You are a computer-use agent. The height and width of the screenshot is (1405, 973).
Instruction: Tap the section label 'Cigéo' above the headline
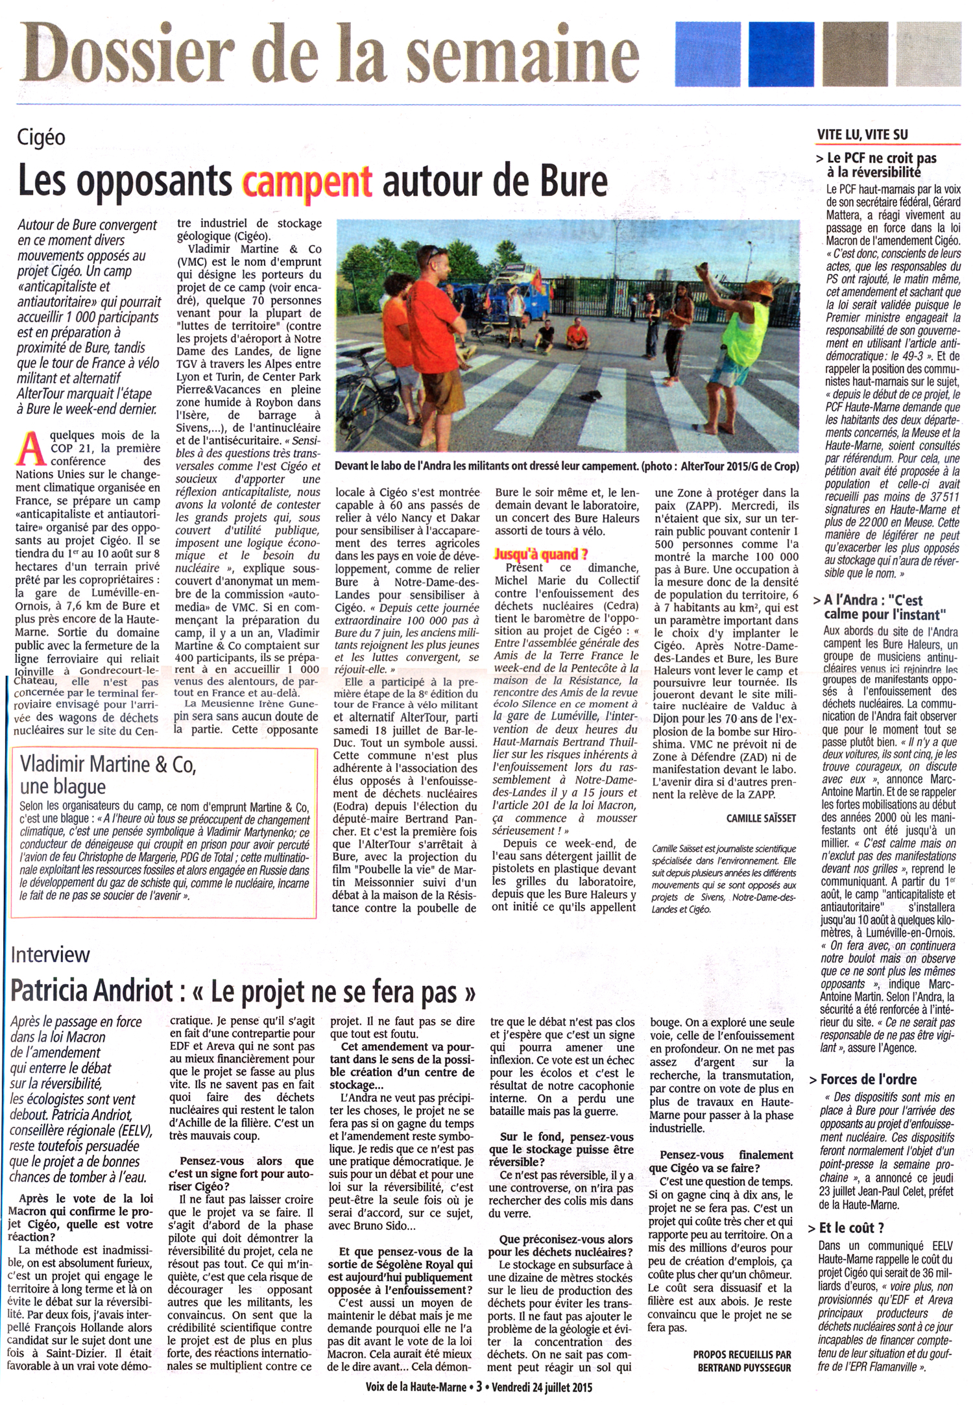[42, 138]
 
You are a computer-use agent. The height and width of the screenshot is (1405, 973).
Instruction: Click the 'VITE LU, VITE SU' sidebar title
[863, 134]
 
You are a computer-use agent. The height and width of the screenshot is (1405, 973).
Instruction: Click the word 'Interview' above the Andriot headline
[51, 954]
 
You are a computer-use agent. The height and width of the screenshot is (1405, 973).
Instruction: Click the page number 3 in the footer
[479, 1386]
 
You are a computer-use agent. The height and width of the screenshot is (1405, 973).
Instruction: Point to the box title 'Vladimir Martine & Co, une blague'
[108, 775]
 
